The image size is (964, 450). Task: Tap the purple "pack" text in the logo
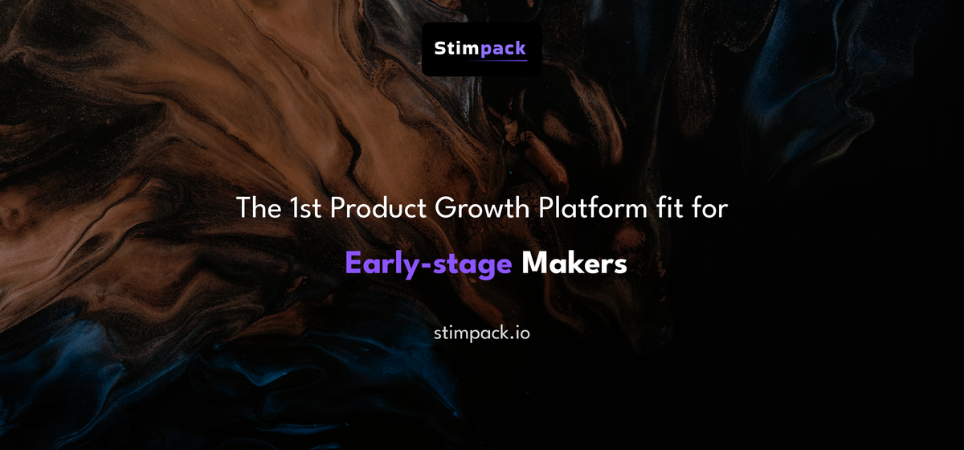click(504, 49)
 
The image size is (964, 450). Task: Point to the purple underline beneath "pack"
click(504, 61)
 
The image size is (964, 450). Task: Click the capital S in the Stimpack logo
click(440, 48)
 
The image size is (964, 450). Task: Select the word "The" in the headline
click(255, 209)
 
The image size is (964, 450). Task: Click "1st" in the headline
click(301, 209)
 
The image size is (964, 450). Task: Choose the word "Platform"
click(585, 209)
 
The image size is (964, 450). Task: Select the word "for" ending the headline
click(709, 209)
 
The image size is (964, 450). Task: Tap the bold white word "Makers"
click(574, 264)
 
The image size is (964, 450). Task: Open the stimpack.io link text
click(481, 332)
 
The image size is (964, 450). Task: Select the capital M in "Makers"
click(533, 264)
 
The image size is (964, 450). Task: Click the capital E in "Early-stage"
click(353, 264)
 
